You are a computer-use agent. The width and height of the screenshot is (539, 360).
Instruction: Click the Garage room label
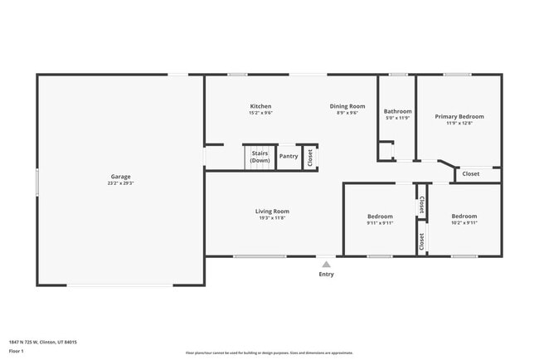[121, 176]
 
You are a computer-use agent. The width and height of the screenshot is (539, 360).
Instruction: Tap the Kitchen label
[261, 106]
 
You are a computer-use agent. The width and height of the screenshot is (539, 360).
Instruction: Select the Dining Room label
[347, 106]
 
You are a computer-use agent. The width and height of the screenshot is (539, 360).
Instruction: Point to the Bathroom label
[397, 111]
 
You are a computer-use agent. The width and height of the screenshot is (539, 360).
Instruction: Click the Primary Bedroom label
[459, 117]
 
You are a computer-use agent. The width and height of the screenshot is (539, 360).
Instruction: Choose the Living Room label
[272, 212]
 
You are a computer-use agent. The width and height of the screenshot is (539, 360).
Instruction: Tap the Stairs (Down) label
[260, 157]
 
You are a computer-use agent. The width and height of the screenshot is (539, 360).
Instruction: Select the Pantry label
[289, 156]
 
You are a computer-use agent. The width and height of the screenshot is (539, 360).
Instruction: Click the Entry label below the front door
[327, 275]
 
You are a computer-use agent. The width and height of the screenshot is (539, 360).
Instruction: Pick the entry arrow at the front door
[327, 263]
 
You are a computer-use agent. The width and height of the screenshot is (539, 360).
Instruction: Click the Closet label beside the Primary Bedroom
[470, 173]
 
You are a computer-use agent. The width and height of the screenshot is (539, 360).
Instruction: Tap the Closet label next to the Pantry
[310, 157]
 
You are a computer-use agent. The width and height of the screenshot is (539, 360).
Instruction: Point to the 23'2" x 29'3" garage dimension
[121, 183]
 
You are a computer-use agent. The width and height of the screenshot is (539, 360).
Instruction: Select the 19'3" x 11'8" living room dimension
[272, 218]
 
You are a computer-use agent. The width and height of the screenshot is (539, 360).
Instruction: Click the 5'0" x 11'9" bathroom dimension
[397, 118]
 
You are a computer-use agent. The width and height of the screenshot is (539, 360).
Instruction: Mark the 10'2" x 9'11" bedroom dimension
[464, 222]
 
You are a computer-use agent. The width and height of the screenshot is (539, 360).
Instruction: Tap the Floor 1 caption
[17, 352]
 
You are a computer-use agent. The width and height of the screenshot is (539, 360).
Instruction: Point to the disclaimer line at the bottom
[269, 353]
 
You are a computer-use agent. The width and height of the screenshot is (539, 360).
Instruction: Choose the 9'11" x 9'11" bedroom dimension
[380, 222]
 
